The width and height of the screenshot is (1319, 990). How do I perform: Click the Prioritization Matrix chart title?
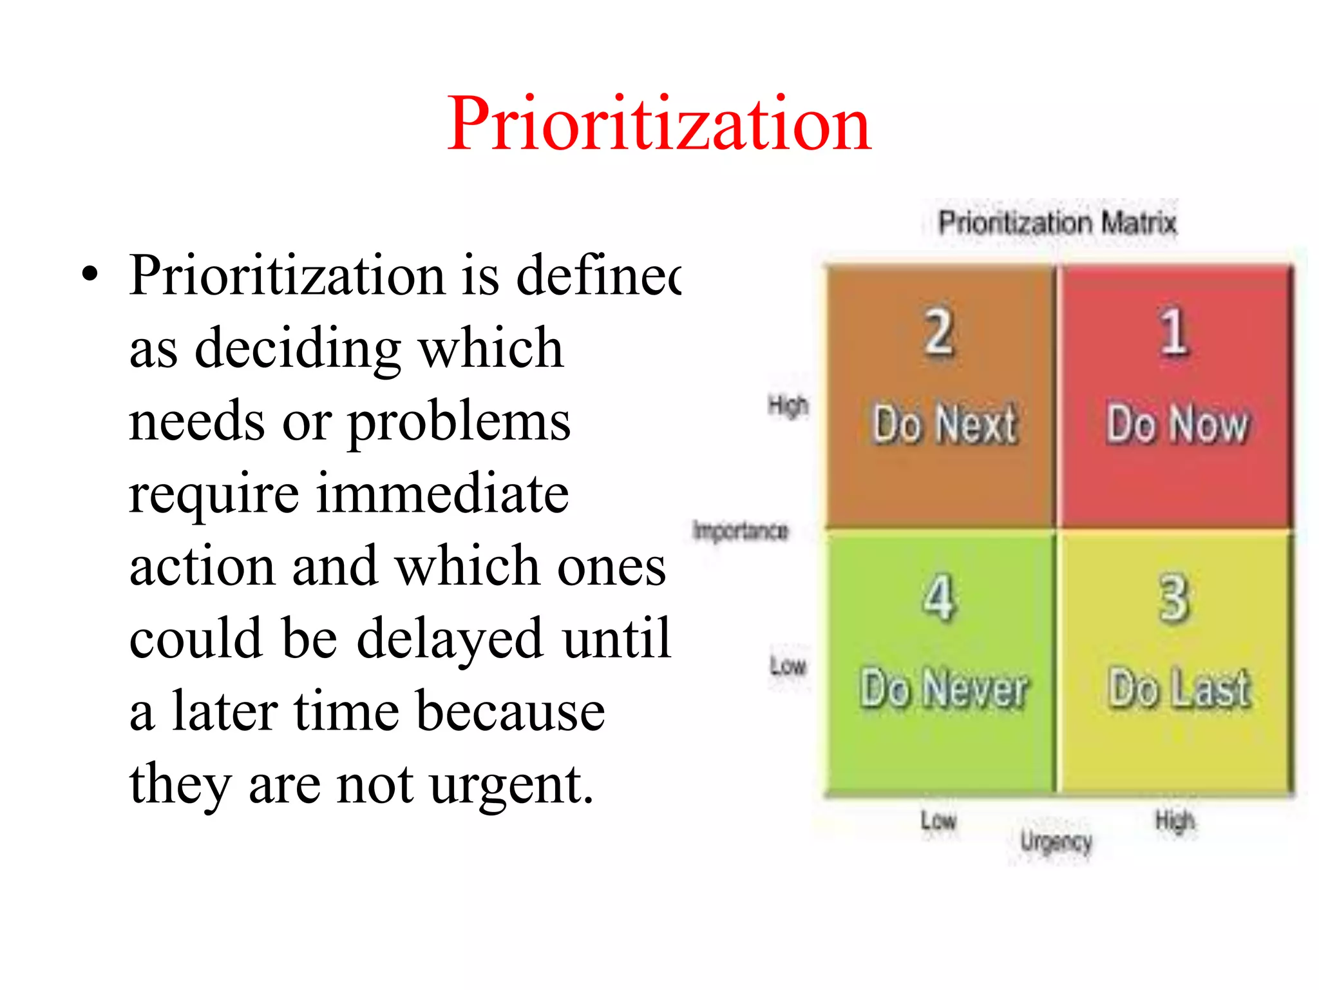[x=1057, y=223]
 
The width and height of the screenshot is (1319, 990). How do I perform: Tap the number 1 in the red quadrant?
[x=1173, y=331]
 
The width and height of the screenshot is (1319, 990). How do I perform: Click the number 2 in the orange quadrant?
[x=938, y=331]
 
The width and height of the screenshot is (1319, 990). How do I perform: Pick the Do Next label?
[x=945, y=423]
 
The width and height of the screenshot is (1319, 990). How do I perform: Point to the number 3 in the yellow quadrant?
[x=1173, y=598]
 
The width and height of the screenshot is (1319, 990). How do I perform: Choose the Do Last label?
[x=1179, y=688]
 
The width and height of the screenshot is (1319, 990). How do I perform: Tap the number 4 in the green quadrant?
[x=938, y=598]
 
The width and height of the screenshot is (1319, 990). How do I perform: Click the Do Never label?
[x=944, y=688]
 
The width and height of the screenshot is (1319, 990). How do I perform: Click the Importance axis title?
[x=741, y=530]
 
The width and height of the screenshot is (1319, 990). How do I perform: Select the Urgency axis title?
[x=1056, y=842]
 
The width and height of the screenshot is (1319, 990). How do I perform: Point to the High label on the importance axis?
[x=788, y=405]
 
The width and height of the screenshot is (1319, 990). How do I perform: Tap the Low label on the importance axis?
[x=788, y=666]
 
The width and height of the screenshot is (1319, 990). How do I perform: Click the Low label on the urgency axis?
[x=938, y=820]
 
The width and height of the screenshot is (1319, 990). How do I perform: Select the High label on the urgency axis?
[x=1175, y=820]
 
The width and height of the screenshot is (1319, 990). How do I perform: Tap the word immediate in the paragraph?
[x=442, y=493]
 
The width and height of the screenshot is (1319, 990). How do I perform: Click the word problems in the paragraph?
[x=459, y=422]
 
